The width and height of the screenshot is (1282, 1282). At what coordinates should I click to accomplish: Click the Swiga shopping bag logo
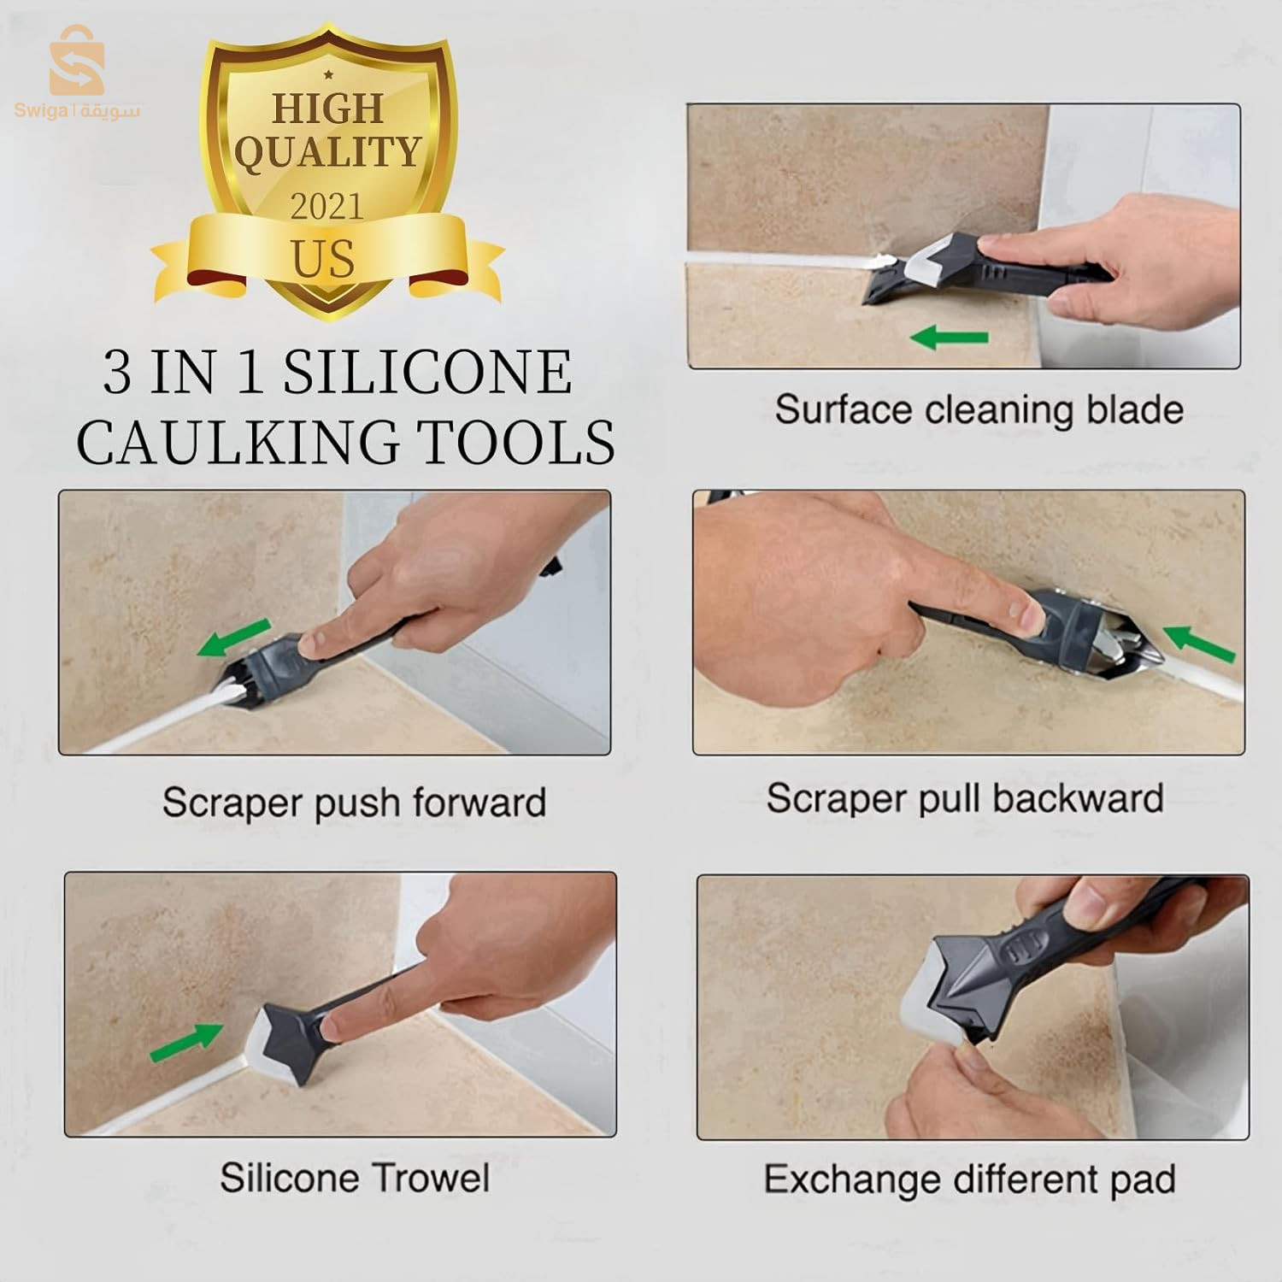[x=76, y=61]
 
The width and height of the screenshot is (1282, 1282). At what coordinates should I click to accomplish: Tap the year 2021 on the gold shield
[x=326, y=207]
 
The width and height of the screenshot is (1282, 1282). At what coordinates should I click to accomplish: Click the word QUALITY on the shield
[x=327, y=153]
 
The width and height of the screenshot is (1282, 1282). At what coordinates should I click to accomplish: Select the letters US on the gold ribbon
[x=322, y=259]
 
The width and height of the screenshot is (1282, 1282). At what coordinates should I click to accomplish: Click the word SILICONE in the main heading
[x=427, y=373]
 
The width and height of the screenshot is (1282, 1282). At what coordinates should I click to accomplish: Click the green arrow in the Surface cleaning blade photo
[x=949, y=338]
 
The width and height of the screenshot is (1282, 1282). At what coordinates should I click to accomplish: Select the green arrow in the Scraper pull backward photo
[x=1199, y=643]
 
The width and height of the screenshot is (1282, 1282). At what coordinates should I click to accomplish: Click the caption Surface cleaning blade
[x=979, y=410]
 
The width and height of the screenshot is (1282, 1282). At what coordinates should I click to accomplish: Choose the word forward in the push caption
[x=479, y=803]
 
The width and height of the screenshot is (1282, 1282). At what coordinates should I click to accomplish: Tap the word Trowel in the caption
[x=426, y=1179]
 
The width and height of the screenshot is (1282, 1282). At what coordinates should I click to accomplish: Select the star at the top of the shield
[x=328, y=75]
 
